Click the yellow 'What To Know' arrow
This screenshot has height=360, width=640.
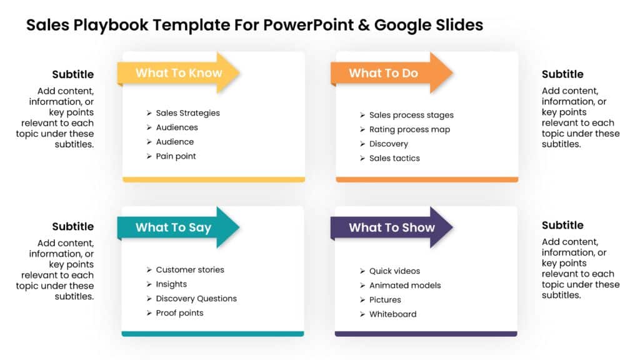(179, 73)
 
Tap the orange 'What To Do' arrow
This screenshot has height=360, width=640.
(392, 73)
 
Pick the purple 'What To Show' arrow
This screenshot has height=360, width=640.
(392, 227)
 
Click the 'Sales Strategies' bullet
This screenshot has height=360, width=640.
(187, 113)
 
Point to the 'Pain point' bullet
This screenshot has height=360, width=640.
(176, 156)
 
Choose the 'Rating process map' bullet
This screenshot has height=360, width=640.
(409, 129)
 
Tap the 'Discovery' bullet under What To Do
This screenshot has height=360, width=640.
(388, 144)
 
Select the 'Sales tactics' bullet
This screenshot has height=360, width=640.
(394, 158)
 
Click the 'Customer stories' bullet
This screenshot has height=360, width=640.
(190, 270)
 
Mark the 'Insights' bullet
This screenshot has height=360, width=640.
(171, 284)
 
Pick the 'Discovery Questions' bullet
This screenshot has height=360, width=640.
(196, 299)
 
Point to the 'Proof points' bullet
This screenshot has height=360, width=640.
(179, 313)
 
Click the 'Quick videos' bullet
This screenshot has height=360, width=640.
(394, 271)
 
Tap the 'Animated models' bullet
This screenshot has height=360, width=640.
(405, 286)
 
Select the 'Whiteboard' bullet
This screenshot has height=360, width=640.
(392, 314)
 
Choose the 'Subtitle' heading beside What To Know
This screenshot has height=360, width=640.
(73, 74)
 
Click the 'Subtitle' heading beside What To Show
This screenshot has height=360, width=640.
(562, 226)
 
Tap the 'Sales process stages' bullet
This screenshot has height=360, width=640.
(411, 115)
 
